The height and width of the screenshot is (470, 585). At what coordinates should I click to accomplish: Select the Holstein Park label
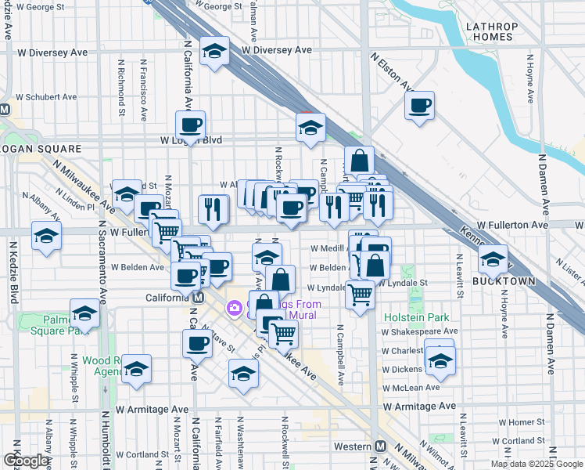click(417, 317)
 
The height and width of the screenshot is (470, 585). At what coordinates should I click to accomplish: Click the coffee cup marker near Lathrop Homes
click(420, 105)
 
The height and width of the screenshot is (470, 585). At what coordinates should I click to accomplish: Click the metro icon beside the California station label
click(199, 298)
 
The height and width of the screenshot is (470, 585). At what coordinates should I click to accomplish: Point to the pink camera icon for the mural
click(233, 309)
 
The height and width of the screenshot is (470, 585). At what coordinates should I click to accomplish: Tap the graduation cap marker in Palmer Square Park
click(84, 313)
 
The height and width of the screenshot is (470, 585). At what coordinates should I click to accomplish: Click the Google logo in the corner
click(26, 461)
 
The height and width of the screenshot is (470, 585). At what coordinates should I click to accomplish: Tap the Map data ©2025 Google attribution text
click(537, 464)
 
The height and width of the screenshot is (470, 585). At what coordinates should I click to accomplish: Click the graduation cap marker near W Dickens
click(440, 359)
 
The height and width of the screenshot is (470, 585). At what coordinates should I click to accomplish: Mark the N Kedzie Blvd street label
click(14, 273)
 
